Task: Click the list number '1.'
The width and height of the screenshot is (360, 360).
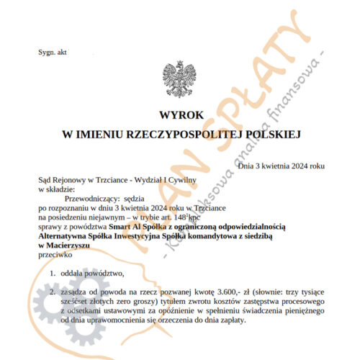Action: tap(53, 274)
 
